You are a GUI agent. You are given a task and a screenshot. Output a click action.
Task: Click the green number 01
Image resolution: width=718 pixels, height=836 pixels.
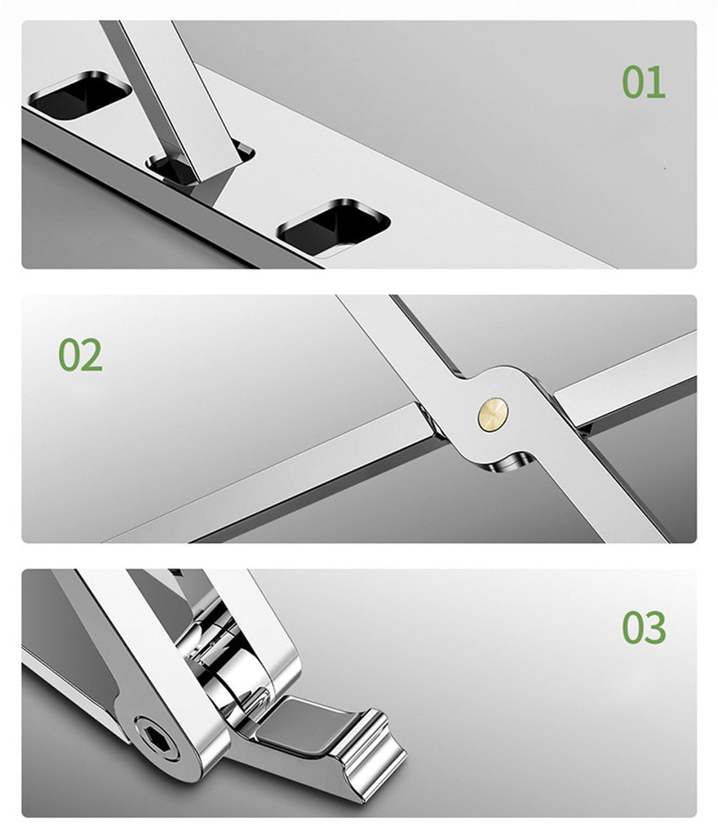point(644,82)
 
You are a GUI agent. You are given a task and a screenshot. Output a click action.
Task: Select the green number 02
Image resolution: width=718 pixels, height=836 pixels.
point(80,354)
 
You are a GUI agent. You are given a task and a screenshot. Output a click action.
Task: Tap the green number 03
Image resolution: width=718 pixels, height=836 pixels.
point(644,628)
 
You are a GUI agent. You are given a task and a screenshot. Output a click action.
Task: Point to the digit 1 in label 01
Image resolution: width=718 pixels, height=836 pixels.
point(657,82)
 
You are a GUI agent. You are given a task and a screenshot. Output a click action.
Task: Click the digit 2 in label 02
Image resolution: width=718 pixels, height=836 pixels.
point(92,354)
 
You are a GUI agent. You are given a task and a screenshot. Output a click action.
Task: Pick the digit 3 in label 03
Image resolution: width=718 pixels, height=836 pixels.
point(656,628)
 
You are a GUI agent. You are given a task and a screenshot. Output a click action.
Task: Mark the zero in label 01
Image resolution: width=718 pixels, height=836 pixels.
point(633,82)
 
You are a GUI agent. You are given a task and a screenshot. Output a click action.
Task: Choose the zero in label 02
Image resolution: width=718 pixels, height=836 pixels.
point(69,354)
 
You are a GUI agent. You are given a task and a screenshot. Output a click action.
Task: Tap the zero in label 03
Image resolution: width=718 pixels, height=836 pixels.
point(633,628)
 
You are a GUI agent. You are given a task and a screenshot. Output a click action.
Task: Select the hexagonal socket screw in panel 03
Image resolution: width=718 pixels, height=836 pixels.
point(158,738)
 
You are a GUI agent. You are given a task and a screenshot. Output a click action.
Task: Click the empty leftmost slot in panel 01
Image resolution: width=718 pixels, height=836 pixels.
point(80,95)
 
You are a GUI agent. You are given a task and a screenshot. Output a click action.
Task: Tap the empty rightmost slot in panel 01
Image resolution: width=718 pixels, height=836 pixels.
point(334,227)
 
